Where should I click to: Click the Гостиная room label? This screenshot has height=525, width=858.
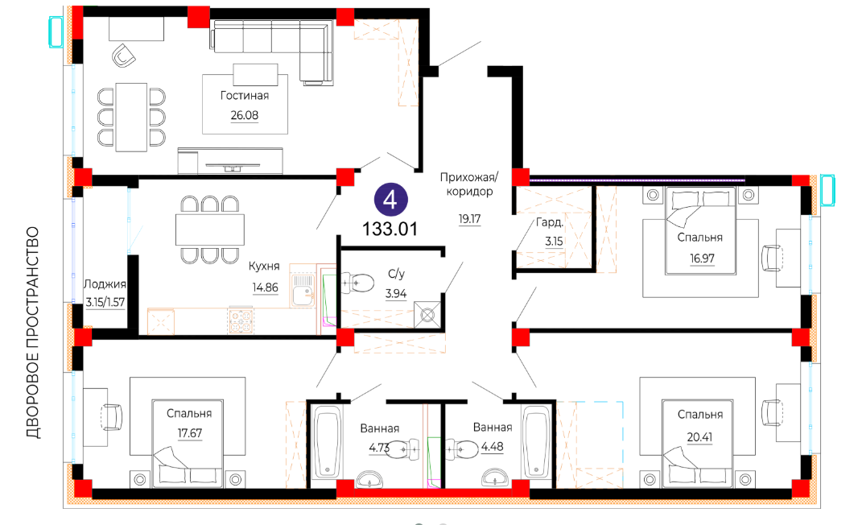[x=245, y=96]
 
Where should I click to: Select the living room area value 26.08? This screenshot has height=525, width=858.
[x=245, y=115]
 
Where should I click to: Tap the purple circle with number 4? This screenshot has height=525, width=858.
[x=390, y=200]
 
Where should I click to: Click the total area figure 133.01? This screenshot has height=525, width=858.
[x=390, y=229]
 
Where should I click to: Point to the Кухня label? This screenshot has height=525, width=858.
[x=264, y=266]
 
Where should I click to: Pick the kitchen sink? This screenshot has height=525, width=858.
[x=303, y=290]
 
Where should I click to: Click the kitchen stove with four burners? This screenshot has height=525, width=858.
[x=241, y=321]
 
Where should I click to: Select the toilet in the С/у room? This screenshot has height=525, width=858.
[x=358, y=283]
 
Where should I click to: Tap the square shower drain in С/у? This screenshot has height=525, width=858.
[x=427, y=315]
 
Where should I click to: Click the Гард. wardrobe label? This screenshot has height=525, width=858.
[x=550, y=222]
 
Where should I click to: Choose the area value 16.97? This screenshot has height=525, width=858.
[x=702, y=258]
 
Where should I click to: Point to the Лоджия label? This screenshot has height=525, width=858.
[x=105, y=284]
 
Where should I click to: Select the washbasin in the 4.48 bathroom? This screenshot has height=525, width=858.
[x=497, y=478]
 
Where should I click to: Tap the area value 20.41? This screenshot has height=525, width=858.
[x=700, y=437]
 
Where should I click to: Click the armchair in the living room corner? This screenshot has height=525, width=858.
[x=124, y=56]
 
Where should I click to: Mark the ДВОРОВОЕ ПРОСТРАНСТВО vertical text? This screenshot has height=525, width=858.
[x=33, y=333]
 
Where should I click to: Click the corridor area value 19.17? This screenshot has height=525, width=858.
[x=469, y=219]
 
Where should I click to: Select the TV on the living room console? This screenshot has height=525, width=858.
[x=233, y=167]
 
